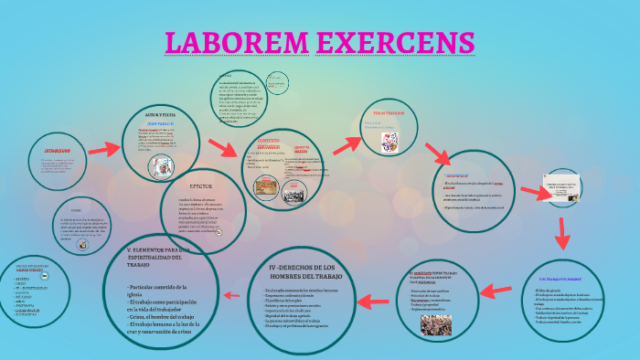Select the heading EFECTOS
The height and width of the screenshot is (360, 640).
point(203,185)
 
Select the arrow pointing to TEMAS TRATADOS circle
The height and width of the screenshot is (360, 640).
point(347,144)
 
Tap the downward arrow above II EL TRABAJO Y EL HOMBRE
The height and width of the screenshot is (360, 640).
point(563,233)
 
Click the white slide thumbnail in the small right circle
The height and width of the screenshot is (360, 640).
point(560,187)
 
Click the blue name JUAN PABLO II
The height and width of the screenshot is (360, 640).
point(160,122)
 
